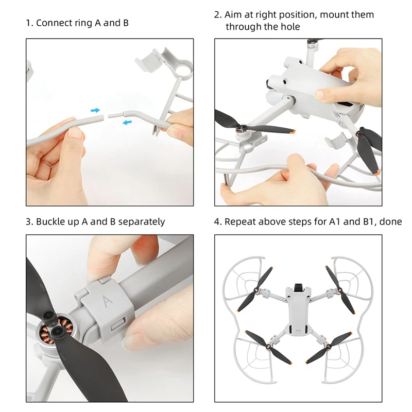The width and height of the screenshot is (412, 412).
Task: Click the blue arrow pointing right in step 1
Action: pos(95,110)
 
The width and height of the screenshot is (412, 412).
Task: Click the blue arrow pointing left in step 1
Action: pos(127,122)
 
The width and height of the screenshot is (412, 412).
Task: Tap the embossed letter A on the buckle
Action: pos(107,302)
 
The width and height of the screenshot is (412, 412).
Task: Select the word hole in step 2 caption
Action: pos(290,27)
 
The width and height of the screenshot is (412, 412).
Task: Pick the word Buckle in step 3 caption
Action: pos(50,221)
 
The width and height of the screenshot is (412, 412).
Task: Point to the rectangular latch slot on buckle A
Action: pos(118,324)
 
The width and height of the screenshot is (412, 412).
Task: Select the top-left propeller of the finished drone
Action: pos(255,289)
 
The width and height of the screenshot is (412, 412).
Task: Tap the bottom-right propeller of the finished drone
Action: pos(329,348)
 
